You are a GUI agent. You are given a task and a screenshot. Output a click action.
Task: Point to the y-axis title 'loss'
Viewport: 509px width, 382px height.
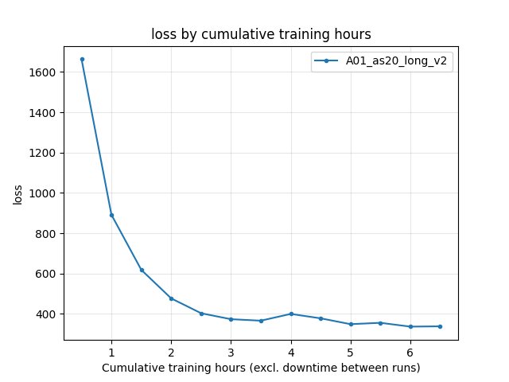17,193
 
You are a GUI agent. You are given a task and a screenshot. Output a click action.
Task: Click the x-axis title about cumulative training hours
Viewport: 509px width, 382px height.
260,368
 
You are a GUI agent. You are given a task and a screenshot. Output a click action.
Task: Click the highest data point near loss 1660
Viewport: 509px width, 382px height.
82,59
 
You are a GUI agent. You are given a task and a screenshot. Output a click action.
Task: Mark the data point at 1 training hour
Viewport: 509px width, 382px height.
111,215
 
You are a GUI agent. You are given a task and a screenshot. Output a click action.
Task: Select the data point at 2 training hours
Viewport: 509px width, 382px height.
171,298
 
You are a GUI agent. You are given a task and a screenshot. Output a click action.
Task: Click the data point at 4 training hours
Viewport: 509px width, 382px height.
291,314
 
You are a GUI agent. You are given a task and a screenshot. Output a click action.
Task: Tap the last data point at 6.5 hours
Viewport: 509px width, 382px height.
440,326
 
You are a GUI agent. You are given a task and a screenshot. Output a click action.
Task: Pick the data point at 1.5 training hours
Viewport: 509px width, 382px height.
142,270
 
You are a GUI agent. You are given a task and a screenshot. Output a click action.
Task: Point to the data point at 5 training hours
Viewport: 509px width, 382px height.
351,324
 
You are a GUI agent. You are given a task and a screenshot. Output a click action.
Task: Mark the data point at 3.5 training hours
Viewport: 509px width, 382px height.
261,321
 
